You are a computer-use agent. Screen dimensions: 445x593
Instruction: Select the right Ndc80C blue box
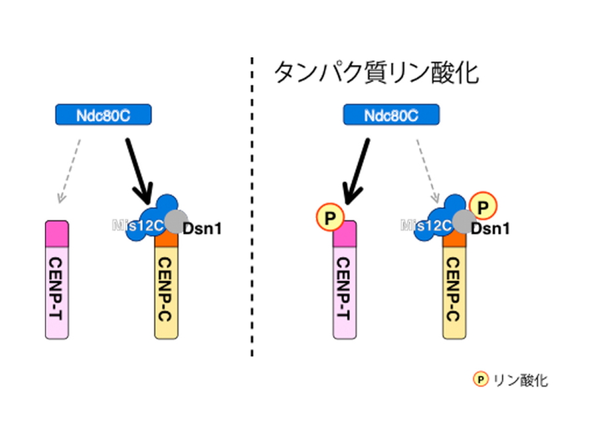(392, 116)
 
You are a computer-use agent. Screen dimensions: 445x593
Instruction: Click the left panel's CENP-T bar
(58, 290)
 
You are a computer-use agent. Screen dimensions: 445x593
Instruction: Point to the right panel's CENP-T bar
(345, 290)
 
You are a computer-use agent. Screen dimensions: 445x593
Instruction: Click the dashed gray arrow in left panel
(70, 168)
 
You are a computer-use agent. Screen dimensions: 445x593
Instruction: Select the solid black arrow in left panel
(140, 168)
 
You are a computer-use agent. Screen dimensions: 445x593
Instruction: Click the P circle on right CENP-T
(327, 216)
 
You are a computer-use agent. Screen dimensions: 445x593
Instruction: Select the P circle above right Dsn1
(483, 207)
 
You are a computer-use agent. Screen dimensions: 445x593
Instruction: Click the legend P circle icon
(480, 379)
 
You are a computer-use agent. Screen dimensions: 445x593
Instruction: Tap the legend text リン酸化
(521, 380)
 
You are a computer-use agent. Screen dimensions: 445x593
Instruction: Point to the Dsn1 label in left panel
(202, 228)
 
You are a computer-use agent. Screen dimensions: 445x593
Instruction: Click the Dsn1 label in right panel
(491, 228)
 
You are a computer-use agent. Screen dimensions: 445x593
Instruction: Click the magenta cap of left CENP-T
(58, 231)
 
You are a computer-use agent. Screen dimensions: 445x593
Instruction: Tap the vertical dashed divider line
(252, 211)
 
